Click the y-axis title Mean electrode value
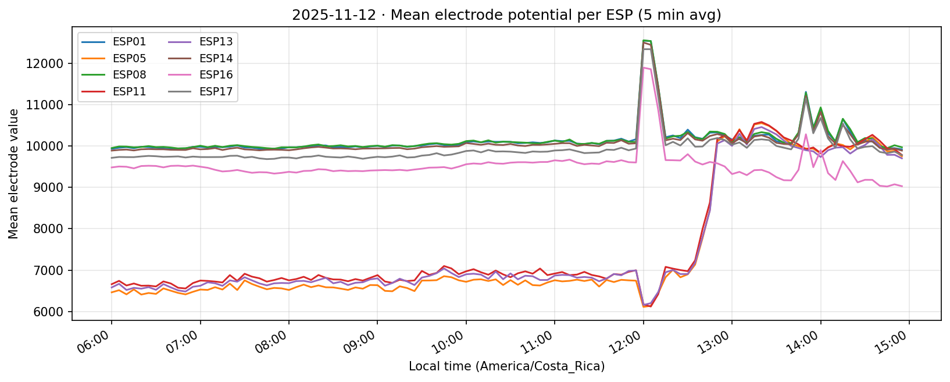click(13, 173)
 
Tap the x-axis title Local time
click(506, 367)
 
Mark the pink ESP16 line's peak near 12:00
click(643, 67)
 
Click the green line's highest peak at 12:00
click(644, 40)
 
